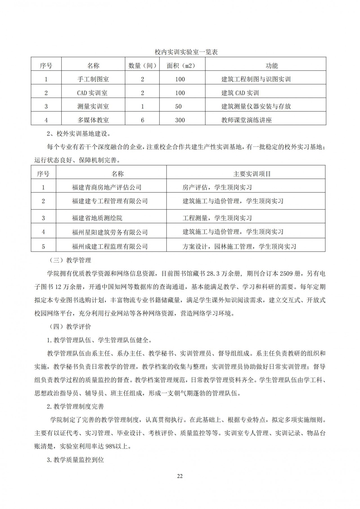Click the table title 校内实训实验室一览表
click(186, 52)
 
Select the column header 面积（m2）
click(181, 66)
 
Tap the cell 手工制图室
click(93, 79)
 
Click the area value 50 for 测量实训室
click(178, 106)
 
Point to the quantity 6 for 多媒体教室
click(142, 120)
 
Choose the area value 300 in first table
click(180, 120)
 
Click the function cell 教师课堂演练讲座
click(246, 120)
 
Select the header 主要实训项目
click(252, 174)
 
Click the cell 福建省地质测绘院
click(97, 218)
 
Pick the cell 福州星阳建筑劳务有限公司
click(110, 232)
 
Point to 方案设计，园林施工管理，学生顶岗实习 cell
click(239, 247)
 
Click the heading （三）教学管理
click(69, 260)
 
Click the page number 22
click(180, 476)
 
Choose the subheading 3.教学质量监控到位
click(75, 460)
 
